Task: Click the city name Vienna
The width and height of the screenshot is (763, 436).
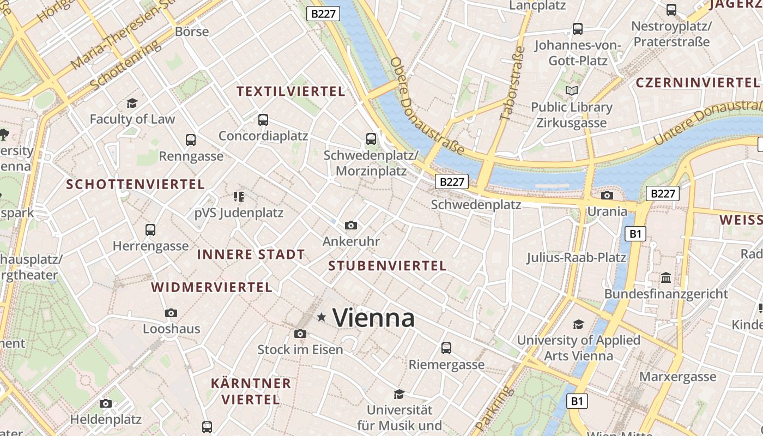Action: pos(374,318)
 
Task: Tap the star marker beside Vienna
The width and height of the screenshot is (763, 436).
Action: pos(322,317)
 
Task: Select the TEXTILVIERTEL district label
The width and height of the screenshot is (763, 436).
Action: pos(291,92)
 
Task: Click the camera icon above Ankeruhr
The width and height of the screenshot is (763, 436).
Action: pos(351,225)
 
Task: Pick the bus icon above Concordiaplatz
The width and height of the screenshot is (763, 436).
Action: pos(263,120)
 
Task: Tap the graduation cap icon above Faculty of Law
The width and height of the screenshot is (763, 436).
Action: pos(132,103)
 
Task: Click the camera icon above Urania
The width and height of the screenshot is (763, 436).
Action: pos(607,195)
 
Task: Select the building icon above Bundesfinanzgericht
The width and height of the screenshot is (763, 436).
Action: pos(665,278)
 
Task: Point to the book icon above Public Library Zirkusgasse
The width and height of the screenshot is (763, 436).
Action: pos(572,91)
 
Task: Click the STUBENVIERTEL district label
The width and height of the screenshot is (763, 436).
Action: pos(387,266)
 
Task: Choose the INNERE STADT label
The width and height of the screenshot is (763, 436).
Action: pos(251,255)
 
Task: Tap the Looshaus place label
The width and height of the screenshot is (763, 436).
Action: pos(172,329)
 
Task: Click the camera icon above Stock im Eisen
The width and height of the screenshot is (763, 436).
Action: pos(300,334)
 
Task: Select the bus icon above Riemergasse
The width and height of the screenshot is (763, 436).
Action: pos(446,348)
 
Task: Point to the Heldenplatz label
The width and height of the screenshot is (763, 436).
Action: pos(106,419)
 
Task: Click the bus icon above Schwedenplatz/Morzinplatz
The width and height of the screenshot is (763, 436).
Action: pos(371,139)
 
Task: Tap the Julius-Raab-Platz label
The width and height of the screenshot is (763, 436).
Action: pos(576,257)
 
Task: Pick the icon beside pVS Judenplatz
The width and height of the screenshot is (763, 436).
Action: pos(238,196)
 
